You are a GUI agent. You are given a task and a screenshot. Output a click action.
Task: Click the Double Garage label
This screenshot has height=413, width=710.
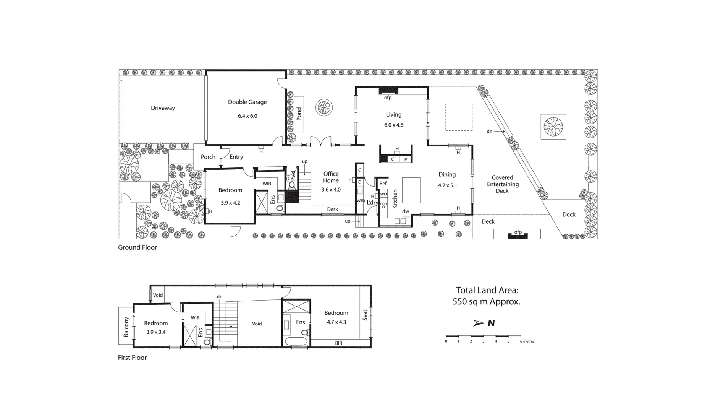click(247, 102)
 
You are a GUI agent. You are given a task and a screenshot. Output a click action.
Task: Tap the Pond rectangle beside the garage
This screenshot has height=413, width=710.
click(299, 114)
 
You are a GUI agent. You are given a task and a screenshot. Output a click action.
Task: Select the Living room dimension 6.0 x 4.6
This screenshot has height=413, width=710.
click(393, 125)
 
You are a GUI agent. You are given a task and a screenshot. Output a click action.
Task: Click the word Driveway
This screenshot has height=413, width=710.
click(163, 108)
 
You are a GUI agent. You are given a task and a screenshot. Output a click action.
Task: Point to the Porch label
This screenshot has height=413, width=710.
click(208, 157)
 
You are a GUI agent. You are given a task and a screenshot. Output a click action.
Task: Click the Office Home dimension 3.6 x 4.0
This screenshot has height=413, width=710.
click(331, 189)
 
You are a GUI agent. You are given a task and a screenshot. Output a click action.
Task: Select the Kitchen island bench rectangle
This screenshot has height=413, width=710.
click(411, 190)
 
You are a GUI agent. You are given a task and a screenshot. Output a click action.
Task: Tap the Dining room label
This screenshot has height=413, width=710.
click(447, 174)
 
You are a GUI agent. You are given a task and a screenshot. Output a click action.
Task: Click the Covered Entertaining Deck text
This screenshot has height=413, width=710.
click(502, 184)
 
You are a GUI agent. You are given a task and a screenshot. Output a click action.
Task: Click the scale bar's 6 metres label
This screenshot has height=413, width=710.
click(527, 341)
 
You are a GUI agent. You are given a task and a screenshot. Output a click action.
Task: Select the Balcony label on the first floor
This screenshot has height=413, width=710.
click(126, 327)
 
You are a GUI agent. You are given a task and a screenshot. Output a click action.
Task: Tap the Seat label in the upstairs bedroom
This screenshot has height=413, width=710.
click(365, 315)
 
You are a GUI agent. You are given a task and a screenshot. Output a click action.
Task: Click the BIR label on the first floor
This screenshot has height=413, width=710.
click(338, 343)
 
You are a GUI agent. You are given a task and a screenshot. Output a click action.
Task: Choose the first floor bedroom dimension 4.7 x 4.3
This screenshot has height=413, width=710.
click(336, 322)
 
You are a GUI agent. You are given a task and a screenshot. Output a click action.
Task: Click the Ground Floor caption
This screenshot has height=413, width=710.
click(137, 247)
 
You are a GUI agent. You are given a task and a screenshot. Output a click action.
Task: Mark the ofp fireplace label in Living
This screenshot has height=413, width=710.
click(388, 98)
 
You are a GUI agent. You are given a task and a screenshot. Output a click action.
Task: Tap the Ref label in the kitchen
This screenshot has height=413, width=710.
click(383, 184)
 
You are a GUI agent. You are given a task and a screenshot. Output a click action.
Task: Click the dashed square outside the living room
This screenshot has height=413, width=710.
click(459, 117)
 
